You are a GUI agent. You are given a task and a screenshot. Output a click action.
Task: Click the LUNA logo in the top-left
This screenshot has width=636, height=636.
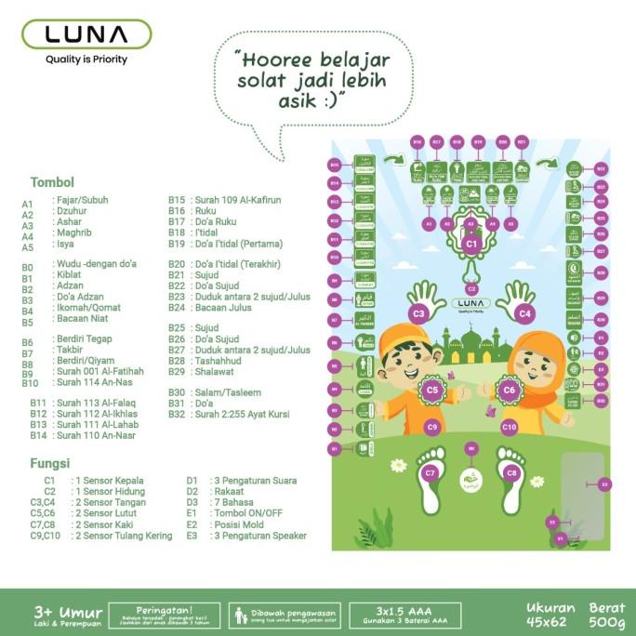(x=86, y=34)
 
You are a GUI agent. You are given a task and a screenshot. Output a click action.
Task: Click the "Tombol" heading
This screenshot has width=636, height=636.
(x=52, y=182)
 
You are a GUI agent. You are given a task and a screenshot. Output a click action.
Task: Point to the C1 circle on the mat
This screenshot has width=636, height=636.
(x=470, y=244)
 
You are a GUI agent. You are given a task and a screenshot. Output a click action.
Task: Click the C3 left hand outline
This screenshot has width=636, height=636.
(x=423, y=303)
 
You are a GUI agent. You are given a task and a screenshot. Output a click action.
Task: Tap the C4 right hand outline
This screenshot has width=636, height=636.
(x=517, y=303)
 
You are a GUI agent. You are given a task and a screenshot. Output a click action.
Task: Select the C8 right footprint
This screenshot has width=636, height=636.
(x=510, y=473)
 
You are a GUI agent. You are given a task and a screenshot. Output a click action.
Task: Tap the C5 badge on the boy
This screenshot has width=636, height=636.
(x=432, y=391)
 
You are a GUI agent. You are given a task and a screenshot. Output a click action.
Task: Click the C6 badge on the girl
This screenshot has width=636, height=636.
(x=509, y=391)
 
